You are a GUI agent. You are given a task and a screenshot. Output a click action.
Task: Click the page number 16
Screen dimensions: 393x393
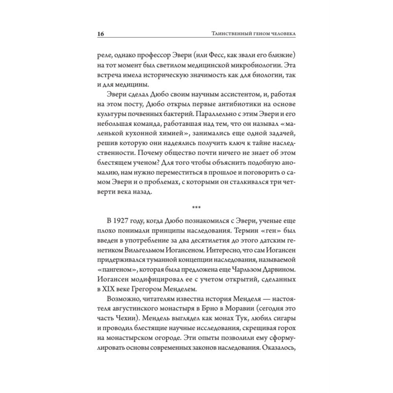point(100,34)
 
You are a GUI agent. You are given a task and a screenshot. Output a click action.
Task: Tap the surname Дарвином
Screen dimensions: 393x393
point(277,271)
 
